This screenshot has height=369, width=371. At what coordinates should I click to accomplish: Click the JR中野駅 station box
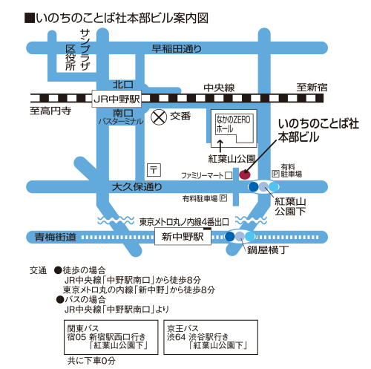(x=116, y=99)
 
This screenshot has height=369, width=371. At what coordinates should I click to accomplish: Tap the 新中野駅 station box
(x=183, y=237)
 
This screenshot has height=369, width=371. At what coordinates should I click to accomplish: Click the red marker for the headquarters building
(x=245, y=174)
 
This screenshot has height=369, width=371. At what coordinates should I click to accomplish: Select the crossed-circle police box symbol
(x=159, y=117)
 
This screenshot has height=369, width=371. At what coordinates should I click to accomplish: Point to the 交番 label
(x=180, y=116)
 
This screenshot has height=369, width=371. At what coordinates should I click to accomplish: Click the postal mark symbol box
(x=154, y=170)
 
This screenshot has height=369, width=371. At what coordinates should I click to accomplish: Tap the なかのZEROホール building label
(x=233, y=124)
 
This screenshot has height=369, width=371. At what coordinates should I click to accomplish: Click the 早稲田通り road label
(x=177, y=49)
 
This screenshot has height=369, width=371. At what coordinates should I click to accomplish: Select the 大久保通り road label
(x=137, y=186)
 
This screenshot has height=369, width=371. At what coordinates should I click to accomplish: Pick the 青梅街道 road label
(x=56, y=237)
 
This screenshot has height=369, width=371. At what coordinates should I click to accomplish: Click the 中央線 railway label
(x=219, y=88)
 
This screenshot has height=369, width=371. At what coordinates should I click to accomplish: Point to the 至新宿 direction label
(x=312, y=88)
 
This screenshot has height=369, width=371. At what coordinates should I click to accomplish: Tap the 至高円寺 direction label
(x=50, y=111)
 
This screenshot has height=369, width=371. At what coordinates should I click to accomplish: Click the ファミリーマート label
(x=203, y=175)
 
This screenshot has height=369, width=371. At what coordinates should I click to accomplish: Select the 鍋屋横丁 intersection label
(x=268, y=250)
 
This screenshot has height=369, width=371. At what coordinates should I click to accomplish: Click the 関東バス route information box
(x=111, y=337)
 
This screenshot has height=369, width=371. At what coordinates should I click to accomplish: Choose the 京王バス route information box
(x=211, y=337)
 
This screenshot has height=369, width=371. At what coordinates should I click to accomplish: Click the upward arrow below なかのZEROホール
(x=220, y=146)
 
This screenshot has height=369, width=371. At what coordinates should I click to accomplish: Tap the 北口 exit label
(x=123, y=85)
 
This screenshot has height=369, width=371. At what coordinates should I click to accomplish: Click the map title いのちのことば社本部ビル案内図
(x=116, y=18)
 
